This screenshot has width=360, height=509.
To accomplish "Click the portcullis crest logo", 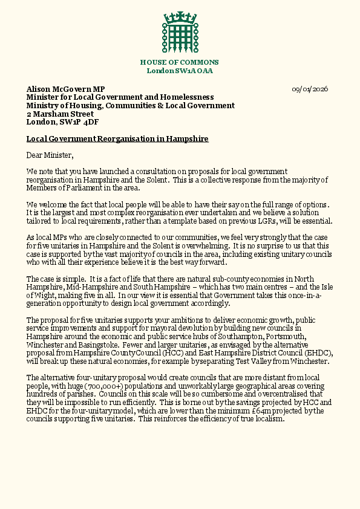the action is click(179, 32).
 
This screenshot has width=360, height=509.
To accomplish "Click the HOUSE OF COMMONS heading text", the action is click(180, 62).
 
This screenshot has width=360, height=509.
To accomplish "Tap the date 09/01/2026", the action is click(310, 89).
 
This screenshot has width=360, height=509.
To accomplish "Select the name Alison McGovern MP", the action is click(65, 89).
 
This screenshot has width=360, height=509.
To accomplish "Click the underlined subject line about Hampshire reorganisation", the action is click(117, 139).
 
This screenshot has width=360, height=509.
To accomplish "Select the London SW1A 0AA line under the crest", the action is click(180, 71).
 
